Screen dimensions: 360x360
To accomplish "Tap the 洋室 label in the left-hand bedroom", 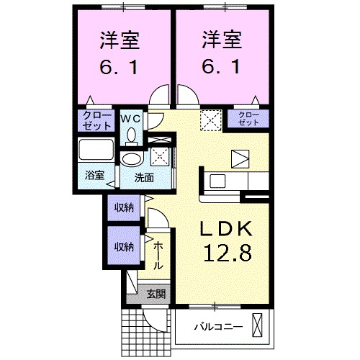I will point(120,40).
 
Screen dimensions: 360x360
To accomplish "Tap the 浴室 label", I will point(94,175).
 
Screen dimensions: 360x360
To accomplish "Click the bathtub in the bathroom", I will point(96,152).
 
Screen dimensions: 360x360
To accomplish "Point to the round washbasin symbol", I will point(131,159).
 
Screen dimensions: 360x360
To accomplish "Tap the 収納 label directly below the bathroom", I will point(124,208).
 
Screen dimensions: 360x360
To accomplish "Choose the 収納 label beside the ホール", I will point(124,246).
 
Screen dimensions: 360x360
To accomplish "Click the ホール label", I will point(158,256).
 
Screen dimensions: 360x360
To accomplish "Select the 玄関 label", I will point(155,293).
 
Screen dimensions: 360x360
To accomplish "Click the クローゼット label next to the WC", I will point(96,120).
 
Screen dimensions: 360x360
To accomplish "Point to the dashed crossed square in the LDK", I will point(210,119).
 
